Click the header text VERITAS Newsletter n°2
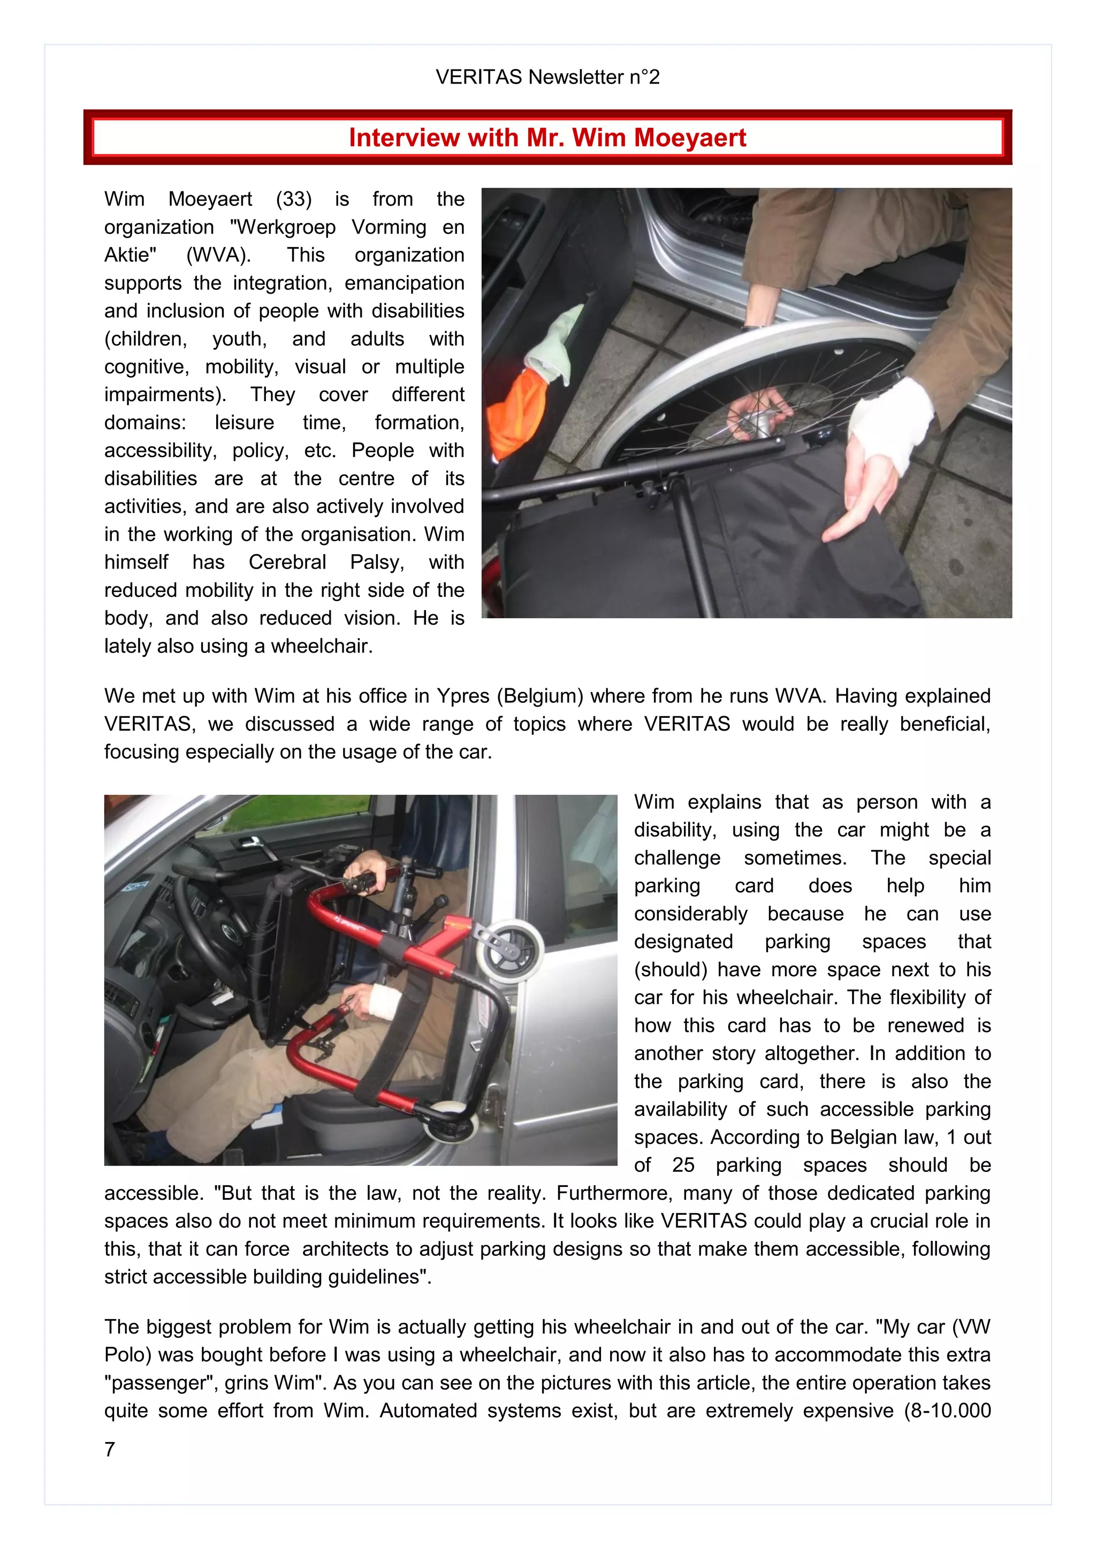click(547, 77)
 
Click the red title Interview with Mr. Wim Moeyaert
click(547, 137)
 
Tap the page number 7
click(110, 1448)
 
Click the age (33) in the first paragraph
click(294, 199)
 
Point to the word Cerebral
click(287, 562)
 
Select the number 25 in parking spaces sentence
click(683, 1165)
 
